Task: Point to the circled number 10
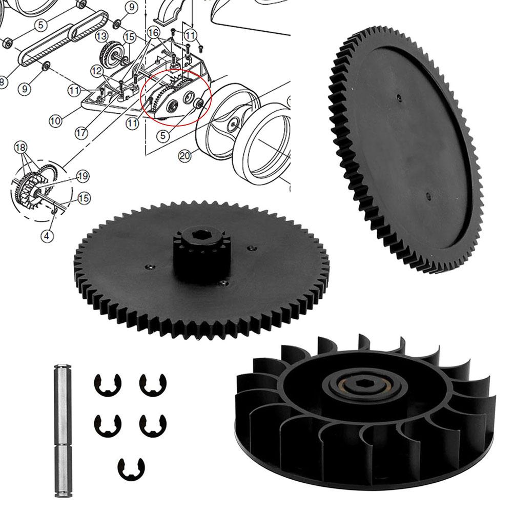click(x=56, y=121)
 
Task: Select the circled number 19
click(x=83, y=176)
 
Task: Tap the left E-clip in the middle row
click(x=104, y=423)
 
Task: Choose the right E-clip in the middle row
click(x=149, y=423)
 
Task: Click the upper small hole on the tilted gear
click(x=398, y=96)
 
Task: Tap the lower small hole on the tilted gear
click(x=428, y=195)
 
